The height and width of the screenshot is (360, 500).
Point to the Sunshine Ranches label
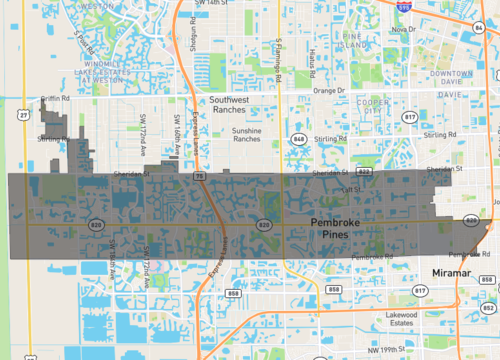pyautogui.click(x=253, y=135)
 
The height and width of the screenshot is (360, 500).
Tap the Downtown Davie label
pyautogui.click(x=444, y=79)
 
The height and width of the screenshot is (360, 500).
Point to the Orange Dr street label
pyautogui.click(x=327, y=90)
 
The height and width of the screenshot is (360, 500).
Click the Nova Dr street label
pyautogui.click(x=403, y=29)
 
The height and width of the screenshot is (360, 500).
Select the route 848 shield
pyautogui.click(x=299, y=139)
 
